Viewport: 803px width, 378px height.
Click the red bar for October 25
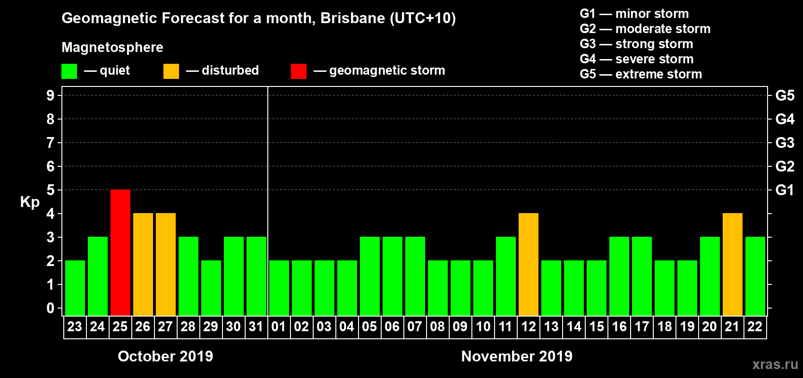[x=120, y=252]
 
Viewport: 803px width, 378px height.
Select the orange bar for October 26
[x=143, y=264]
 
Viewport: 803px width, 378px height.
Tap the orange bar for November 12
[x=529, y=264]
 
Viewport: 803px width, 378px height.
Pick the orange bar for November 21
[x=733, y=264]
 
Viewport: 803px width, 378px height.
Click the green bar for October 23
[x=75, y=288]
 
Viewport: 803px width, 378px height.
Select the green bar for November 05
[x=370, y=276]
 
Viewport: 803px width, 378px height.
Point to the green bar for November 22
[x=755, y=276]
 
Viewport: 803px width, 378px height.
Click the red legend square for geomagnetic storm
[x=299, y=71]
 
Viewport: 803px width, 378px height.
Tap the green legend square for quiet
[x=69, y=71]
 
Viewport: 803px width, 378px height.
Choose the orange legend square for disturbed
[x=171, y=71]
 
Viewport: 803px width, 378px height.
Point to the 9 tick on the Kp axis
[x=51, y=95]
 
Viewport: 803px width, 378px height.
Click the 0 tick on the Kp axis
[x=51, y=309]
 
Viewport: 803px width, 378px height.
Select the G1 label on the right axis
[x=785, y=190]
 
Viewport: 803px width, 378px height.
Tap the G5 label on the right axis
[x=785, y=95]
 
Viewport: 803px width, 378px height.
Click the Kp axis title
[x=30, y=202]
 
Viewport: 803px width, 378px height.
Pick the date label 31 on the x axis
[x=256, y=327]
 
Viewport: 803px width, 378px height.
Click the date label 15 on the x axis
[x=597, y=327]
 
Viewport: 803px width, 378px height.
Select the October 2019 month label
[x=165, y=356]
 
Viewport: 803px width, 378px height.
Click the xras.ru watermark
[x=775, y=364]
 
